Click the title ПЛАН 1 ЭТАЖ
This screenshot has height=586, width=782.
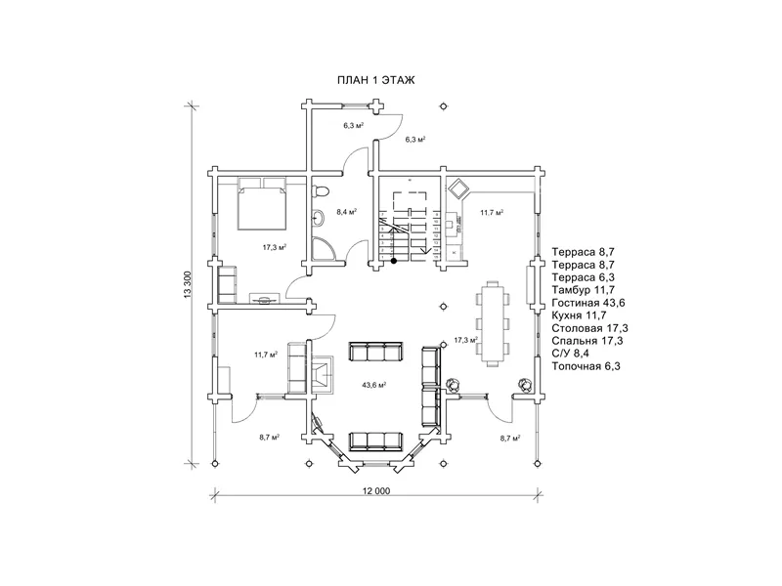(x=376, y=80)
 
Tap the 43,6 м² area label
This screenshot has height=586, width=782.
(x=374, y=385)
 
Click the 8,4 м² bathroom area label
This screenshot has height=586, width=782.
(x=347, y=212)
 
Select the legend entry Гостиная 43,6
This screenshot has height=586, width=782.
(x=588, y=303)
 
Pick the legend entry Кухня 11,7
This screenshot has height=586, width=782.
(x=579, y=315)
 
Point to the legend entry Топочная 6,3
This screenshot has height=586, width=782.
(x=586, y=366)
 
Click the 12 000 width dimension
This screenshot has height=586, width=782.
(x=376, y=491)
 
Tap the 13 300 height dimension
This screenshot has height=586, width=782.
(x=188, y=284)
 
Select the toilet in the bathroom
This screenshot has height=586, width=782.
(x=321, y=191)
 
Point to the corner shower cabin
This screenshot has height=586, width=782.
(x=324, y=249)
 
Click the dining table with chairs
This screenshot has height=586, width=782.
(x=494, y=324)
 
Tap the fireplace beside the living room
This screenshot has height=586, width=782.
(x=324, y=375)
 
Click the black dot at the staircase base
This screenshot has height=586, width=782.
(x=394, y=261)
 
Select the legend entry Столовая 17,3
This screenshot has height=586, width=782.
(x=590, y=328)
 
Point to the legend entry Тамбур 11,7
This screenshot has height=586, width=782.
(x=583, y=290)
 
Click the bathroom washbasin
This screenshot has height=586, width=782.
(x=318, y=217)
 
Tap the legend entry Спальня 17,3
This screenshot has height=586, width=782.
(x=587, y=341)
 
